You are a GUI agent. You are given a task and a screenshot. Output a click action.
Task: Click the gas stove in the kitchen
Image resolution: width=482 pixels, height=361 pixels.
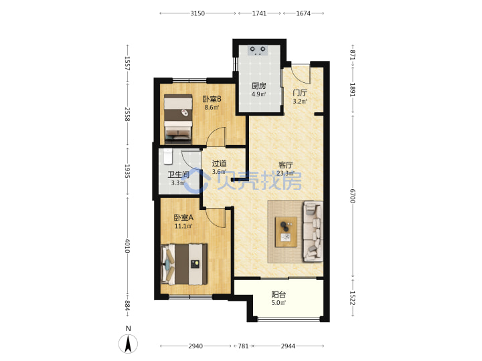tap(258, 50)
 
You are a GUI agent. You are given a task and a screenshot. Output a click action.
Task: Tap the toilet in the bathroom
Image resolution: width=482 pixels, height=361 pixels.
tap(167, 156)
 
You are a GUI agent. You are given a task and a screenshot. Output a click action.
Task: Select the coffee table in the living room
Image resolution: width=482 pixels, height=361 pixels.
tap(286, 232)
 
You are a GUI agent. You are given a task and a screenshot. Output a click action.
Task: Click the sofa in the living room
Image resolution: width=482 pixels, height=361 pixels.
tap(313, 231)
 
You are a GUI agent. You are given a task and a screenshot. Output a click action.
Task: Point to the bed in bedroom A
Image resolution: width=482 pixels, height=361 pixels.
tap(184, 264)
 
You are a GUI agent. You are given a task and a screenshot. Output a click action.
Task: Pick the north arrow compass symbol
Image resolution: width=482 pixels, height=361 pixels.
tap(128, 341)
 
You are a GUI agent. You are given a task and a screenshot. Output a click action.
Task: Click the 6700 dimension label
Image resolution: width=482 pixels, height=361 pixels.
tap(353, 196)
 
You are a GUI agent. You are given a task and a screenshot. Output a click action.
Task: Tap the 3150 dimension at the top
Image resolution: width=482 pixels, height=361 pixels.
tap(197, 13)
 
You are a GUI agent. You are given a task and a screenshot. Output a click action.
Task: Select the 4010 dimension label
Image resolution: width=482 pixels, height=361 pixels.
tap(127, 245)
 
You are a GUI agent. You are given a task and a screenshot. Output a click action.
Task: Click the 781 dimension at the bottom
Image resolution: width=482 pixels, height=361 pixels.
tap(243, 346)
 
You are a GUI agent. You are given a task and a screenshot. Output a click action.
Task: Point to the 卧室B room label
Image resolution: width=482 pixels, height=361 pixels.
tap(212, 99)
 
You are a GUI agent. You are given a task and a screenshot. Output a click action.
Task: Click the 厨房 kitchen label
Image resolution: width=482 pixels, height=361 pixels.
tap(259, 86)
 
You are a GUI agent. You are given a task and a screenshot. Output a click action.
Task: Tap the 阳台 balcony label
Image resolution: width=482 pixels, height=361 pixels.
tap(278, 295)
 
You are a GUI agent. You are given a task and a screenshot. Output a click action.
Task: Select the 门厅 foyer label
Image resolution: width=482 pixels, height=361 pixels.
tap(300, 93)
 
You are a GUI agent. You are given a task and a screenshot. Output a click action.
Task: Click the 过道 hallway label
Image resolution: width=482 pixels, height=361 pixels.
tap(219, 163)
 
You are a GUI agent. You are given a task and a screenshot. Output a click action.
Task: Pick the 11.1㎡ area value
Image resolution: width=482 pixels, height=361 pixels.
tap(183, 226)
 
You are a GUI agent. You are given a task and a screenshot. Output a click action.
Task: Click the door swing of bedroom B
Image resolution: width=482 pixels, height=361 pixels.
tap(216, 136)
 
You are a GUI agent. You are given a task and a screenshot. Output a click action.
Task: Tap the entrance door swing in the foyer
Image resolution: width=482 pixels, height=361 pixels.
tap(301, 74)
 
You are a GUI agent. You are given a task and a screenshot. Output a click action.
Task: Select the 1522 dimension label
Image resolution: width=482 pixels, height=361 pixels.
tap(353, 297)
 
